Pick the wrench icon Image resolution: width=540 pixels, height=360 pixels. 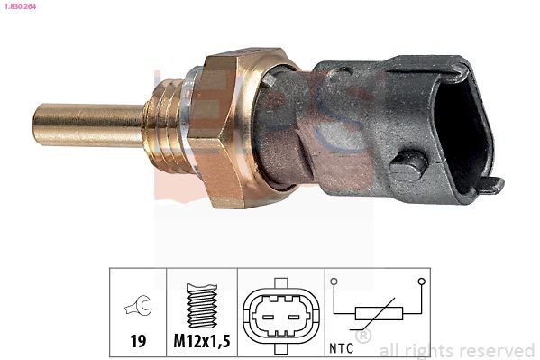click(138, 308)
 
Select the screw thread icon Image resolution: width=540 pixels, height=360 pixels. click(204, 308)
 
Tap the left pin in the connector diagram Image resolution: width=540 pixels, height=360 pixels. click(269, 315)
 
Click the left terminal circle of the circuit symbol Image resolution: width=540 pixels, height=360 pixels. click(334, 282)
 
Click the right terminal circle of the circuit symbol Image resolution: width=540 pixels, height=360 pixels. click(422, 282)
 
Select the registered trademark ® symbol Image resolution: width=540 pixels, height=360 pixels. click(363, 336)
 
